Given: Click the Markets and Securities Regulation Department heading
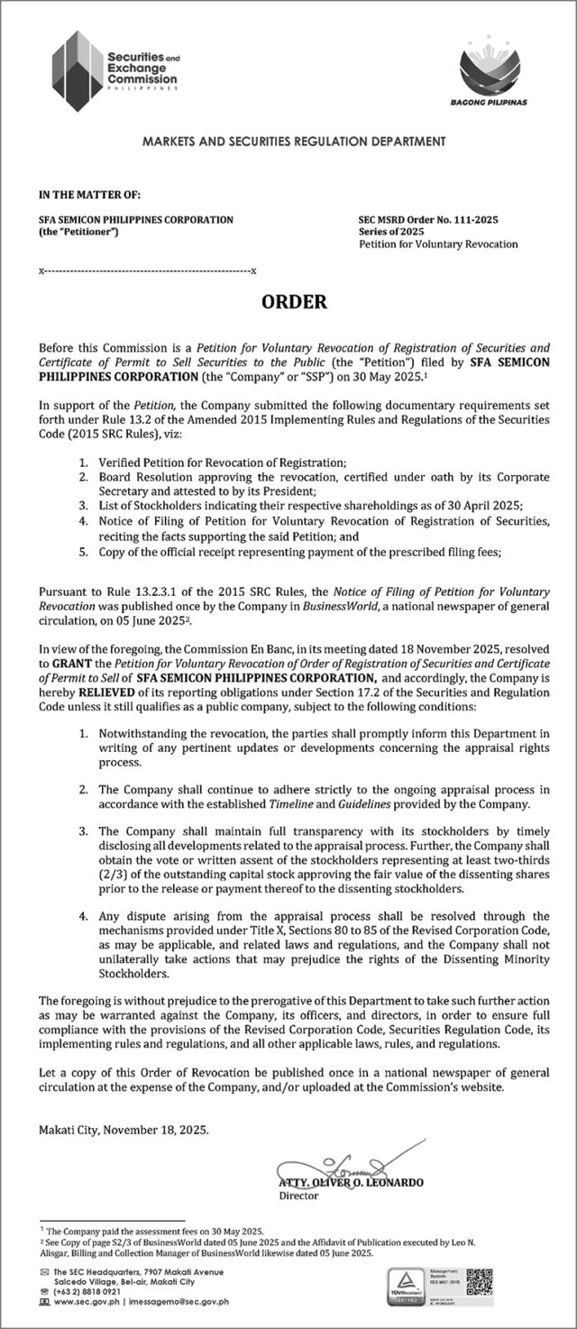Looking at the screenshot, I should pyautogui.click(x=294, y=142).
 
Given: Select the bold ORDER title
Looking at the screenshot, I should pyautogui.click(x=294, y=303).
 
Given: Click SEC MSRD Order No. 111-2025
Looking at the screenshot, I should pyautogui.click(x=428, y=220).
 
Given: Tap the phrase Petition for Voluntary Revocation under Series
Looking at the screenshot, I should pyautogui.click(x=438, y=244).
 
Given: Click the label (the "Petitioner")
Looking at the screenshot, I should pyautogui.click(x=78, y=232).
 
